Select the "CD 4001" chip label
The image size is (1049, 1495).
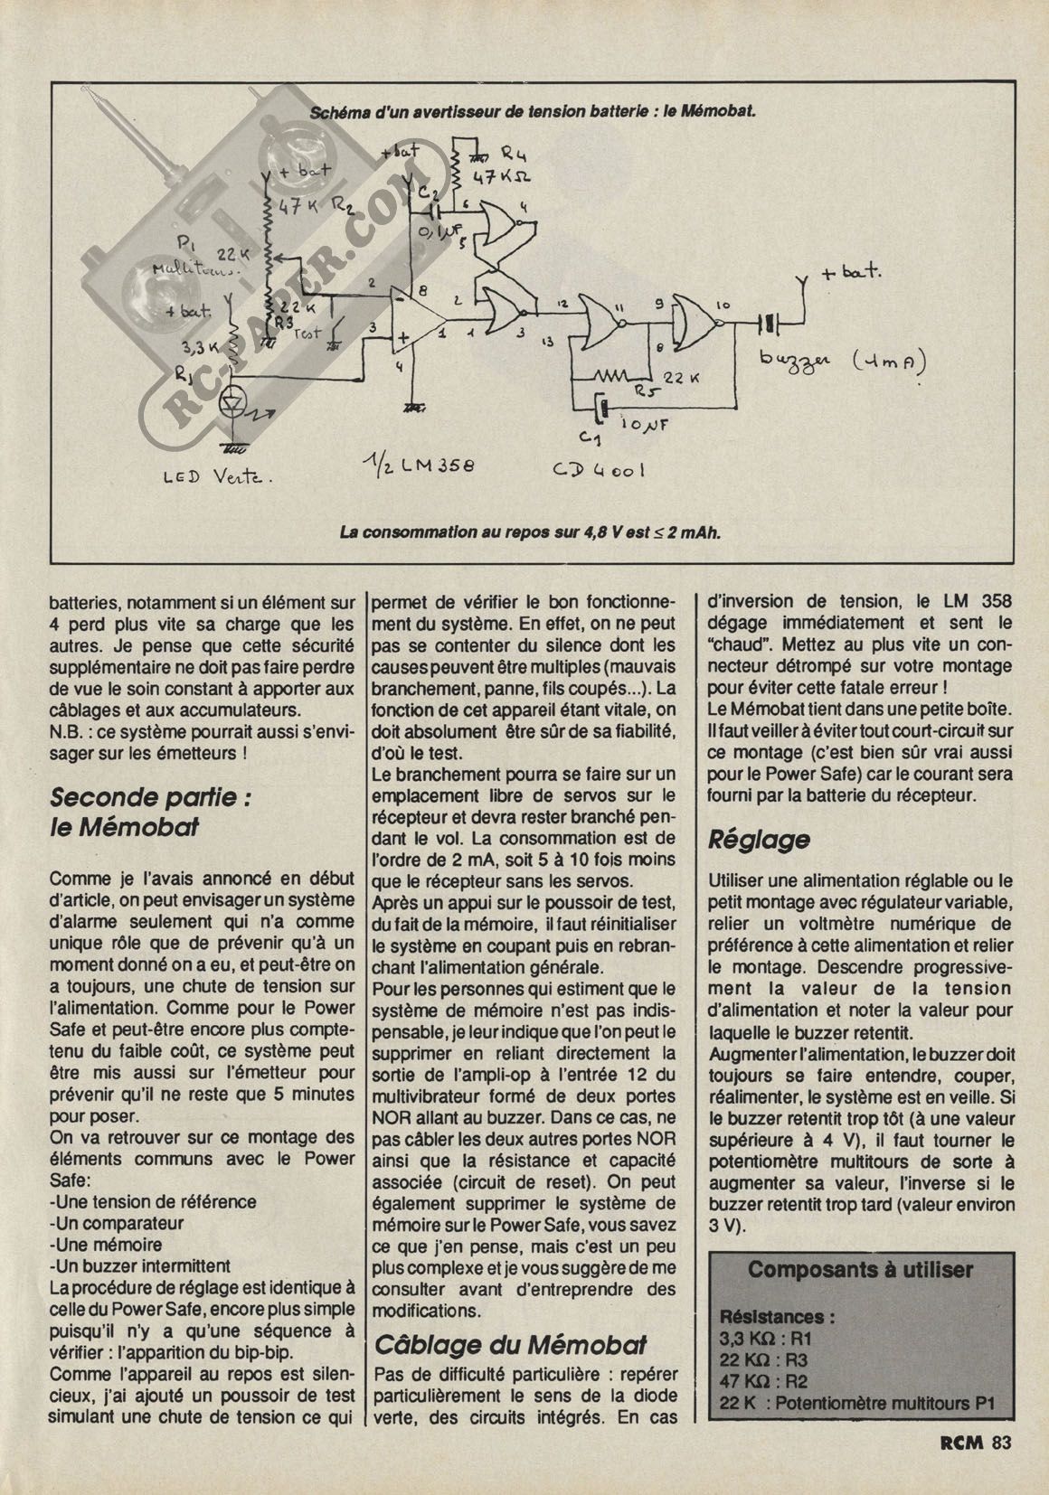600,469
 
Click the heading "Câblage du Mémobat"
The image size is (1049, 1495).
510,1344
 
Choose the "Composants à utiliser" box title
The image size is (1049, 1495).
860,1269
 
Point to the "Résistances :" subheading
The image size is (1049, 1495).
777,1317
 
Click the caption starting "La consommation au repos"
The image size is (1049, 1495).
530,531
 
